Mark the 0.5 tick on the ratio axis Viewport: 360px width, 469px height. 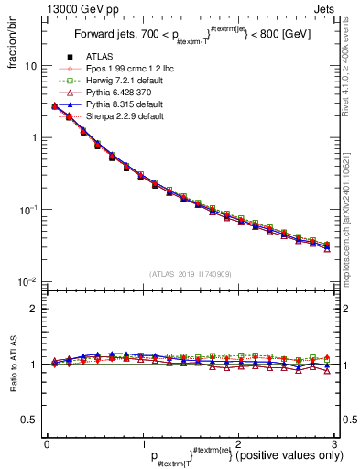(30, 420)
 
